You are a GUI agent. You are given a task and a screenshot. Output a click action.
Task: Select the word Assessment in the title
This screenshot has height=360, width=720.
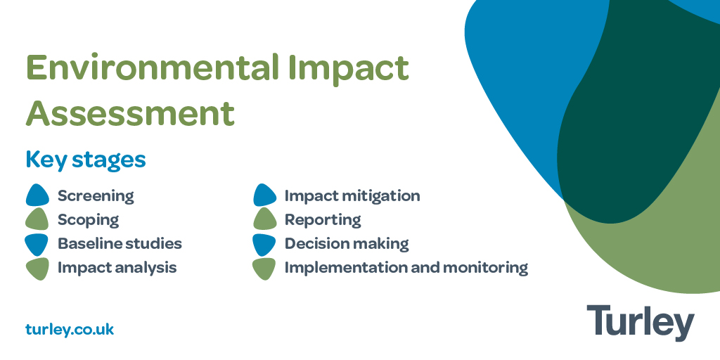click(x=130, y=112)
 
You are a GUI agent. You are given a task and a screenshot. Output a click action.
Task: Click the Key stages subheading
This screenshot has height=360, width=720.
click(x=86, y=160)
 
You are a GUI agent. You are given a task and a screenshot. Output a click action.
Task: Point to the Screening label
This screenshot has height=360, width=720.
click(x=96, y=196)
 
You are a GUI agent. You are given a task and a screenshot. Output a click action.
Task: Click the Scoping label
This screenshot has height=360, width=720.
click(x=88, y=220)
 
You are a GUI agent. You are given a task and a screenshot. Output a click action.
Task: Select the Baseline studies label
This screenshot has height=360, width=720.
click(x=120, y=244)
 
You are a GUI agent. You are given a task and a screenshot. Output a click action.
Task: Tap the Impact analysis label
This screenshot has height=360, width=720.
click(x=117, y=268)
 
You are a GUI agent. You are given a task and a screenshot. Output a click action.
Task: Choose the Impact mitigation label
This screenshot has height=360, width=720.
click(x=352, y=196)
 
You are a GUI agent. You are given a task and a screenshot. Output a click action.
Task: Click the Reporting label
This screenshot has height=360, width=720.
click(x=323, y=220)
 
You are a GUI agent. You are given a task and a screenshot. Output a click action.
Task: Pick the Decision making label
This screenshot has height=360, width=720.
click(x=347, y=244)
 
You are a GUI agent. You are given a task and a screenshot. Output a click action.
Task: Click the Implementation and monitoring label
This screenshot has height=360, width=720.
click(x=406, y=268)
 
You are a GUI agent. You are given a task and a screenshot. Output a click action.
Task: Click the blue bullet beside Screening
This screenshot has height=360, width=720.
click(x=37, y=195)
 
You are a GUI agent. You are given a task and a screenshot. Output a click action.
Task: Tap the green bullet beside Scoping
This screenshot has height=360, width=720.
click(x=37, y=220)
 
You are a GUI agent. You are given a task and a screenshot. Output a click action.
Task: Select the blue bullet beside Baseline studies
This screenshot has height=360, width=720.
click(x=37, y=244)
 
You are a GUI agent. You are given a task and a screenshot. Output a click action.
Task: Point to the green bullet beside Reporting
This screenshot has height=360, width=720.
click(x=265, y=220)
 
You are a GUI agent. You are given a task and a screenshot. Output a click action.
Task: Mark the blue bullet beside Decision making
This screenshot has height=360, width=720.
click(x=265, y=244)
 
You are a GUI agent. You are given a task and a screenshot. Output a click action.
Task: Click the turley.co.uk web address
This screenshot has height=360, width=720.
click(x=70, y=329)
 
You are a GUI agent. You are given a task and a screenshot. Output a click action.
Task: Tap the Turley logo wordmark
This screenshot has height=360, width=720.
click(x=640, y=323)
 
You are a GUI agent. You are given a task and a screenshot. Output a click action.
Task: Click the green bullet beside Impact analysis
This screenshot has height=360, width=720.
click(x=37, y=268)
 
